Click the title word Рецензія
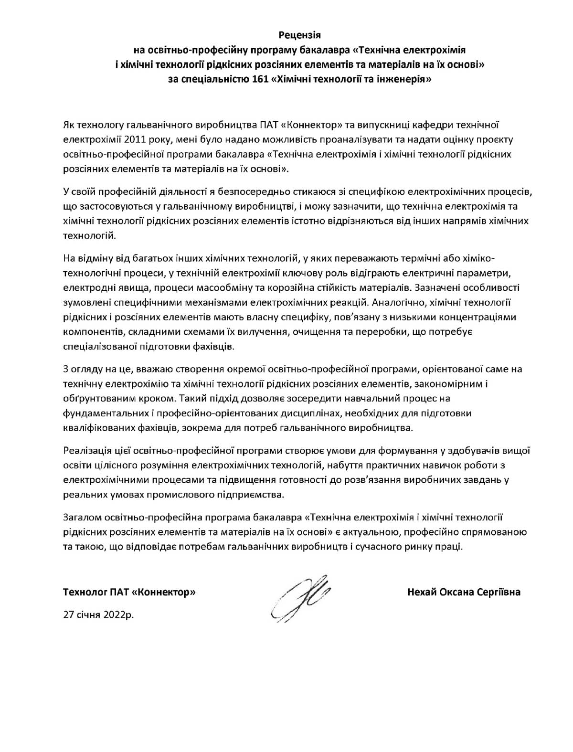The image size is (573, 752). (299, 35)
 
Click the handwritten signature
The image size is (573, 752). (298, 597)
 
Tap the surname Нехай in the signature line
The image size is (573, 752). (422, 592)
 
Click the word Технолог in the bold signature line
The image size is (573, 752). (82, 592)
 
